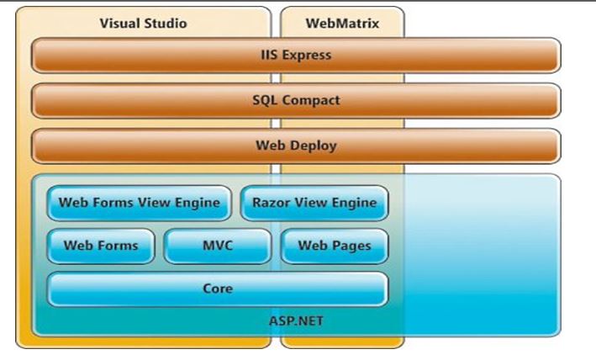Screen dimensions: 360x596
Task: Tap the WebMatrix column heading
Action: (x=341, y=24)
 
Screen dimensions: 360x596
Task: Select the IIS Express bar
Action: (x=296, y=56)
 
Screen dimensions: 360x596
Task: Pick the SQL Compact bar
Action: (x=296, y=100)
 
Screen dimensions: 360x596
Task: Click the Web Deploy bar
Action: (x=296, y=146)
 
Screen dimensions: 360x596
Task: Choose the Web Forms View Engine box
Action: (x=140, y=203)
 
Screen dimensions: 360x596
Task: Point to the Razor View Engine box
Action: (x=314, y=203)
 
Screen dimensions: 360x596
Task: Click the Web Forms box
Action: (x=100, y=246)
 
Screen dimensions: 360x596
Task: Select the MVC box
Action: (x=218, y=246)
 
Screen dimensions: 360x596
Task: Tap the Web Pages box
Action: (x=334, y=246)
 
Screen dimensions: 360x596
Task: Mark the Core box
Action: (x=218, y=289)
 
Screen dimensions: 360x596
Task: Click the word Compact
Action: (x=311, y=100)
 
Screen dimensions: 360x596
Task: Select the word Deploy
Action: (x=314, y=146)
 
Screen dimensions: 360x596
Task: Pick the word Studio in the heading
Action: (x=165, y=24)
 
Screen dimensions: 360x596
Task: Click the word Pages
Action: (x=351, y=246)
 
